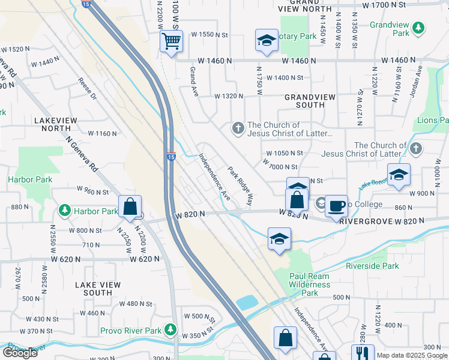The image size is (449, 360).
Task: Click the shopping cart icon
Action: click(x=171, y=42)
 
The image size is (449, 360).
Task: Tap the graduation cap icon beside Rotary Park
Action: click(x=267, y=40)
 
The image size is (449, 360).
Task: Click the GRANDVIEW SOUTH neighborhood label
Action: click(x=304, y=101)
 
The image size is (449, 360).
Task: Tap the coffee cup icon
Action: click(x=337, y=205)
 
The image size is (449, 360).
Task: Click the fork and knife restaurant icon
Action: click(x=363, y=353)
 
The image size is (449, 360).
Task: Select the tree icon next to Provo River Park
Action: click(x=171, y=330)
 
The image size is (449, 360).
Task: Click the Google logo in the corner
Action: click(x=20, y=353)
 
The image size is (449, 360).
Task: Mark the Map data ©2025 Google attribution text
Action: click(x=412, y=355)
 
